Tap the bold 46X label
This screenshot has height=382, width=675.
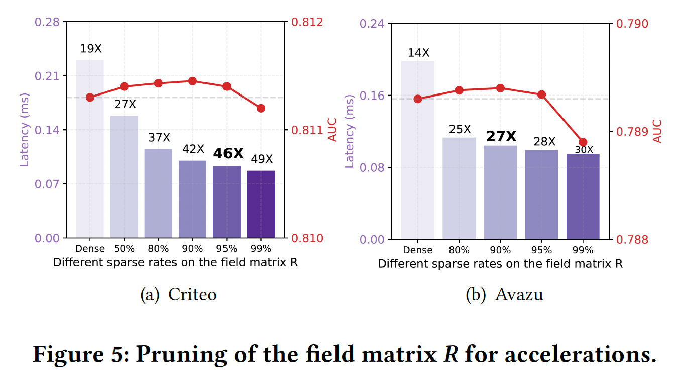coord(229,153)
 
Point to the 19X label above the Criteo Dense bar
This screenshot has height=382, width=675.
coord(90,49)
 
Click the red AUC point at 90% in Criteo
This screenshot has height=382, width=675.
coord(192,81)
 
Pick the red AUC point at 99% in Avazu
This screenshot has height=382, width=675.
coord(583,142)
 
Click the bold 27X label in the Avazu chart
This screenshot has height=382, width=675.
coord(500,137)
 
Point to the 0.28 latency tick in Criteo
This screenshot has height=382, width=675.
coord(46,22)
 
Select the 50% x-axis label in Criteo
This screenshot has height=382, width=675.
coord(124,249)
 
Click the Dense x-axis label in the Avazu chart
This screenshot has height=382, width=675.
coord(417,250)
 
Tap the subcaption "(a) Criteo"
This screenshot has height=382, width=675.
coord(178,294)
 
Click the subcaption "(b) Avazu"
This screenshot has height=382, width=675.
coord(504,294)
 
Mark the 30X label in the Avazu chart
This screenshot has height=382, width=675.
coord(583,149)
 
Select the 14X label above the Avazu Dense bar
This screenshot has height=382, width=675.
coord(418,53)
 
